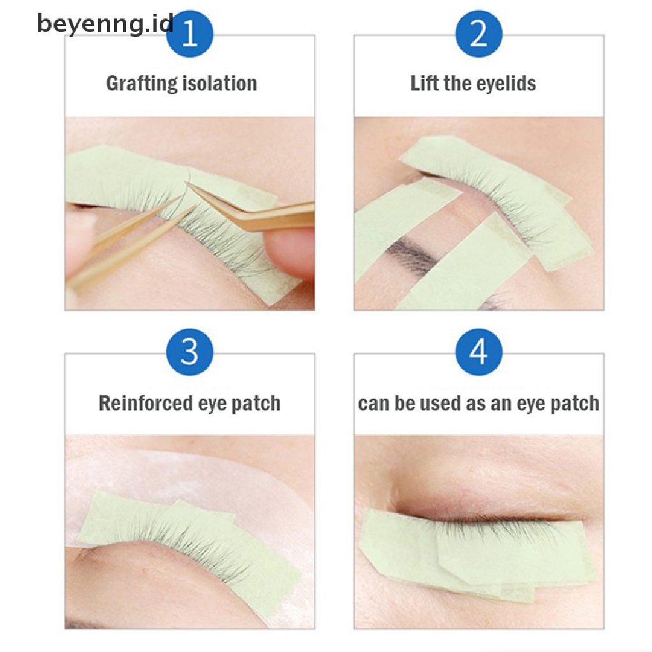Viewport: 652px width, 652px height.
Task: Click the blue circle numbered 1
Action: [190, 33]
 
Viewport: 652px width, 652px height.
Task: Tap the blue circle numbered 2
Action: [479, 33]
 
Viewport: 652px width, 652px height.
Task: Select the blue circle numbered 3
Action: [190, 351]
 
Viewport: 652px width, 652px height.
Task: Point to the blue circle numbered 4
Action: [479, 351]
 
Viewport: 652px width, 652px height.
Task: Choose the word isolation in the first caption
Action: [220, 83]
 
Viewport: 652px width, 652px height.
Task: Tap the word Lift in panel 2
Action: [424, 83]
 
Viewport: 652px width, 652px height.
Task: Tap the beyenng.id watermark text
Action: [106, 24]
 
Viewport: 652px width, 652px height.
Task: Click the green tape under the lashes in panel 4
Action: [478, 553]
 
